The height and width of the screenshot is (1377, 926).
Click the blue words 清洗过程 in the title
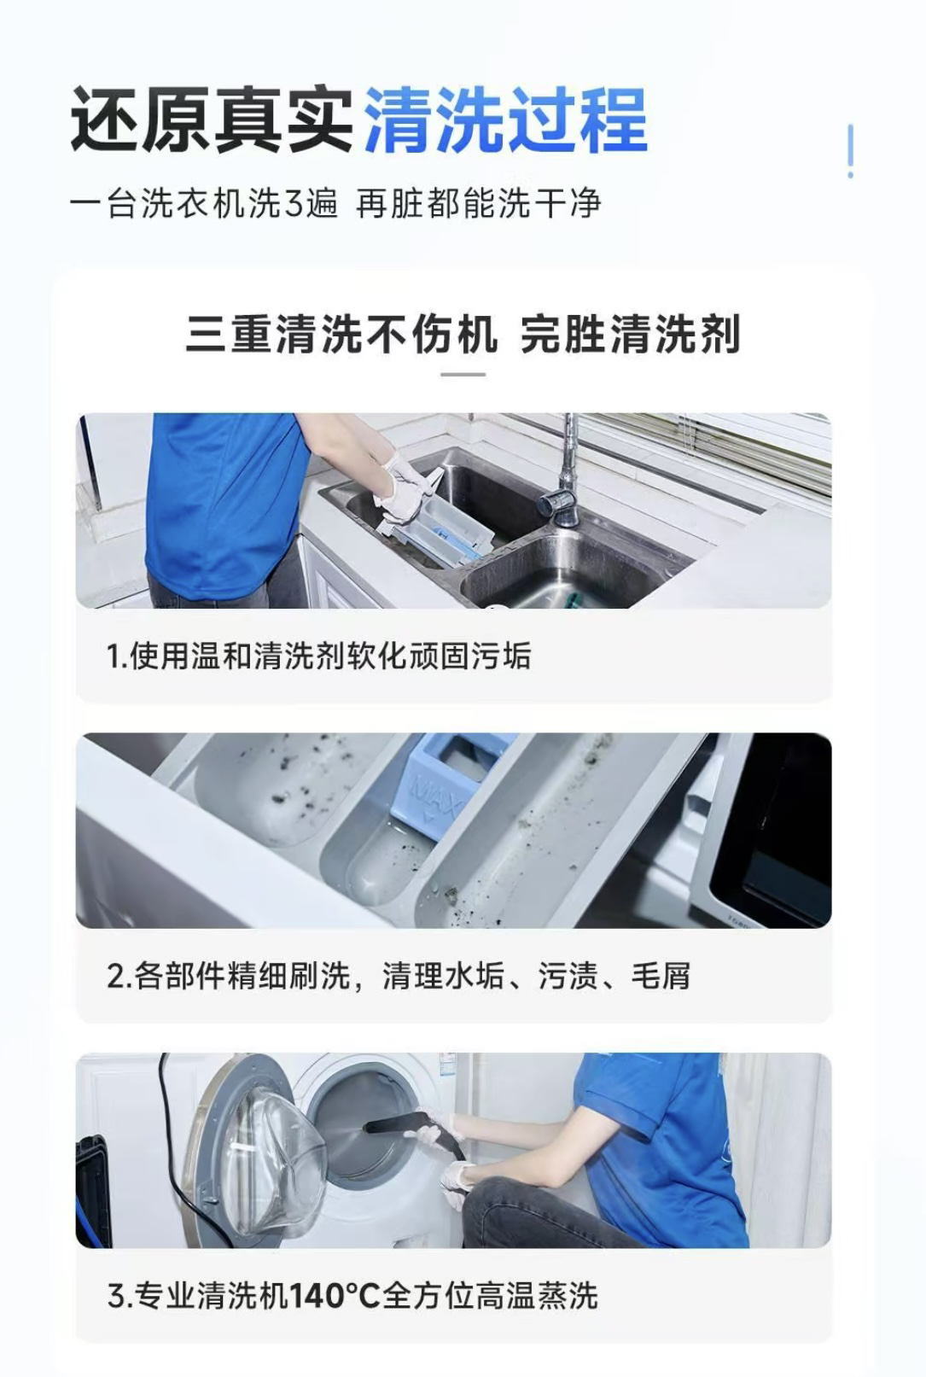[505, 120]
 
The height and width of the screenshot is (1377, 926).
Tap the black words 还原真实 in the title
[213, 120]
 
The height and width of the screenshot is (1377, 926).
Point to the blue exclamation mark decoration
[850, 151]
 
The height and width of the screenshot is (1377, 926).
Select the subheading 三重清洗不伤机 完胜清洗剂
[463, 334]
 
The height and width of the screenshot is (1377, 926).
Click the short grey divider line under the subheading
[463, 374]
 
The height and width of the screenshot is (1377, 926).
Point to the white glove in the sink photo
[405, 482]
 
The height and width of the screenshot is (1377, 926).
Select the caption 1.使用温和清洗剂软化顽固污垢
[319, 656]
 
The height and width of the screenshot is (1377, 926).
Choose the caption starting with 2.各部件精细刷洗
[399, 975]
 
